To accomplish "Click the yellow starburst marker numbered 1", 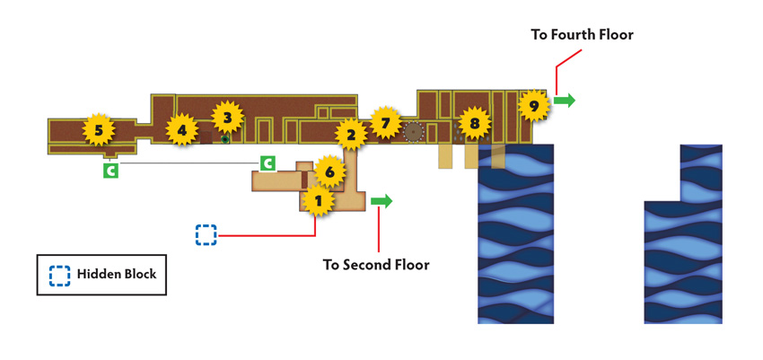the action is [319, 200].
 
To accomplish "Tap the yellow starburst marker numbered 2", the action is [351, 135].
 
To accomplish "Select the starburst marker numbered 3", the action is [227, 117].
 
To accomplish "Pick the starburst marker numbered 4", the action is [181, 129].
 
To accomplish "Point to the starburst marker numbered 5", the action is [99, 129].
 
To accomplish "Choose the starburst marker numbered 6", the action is [330, 171].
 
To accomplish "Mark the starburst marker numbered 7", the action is [386, 123].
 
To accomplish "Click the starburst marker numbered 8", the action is [475, 124].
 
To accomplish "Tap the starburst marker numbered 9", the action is [534, 106].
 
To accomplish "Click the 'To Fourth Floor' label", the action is [582, 35].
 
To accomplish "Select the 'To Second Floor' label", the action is [376, 265].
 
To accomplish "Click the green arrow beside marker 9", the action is [565, 101].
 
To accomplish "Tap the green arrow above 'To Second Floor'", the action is [381, 201].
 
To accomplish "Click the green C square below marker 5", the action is [110, 171].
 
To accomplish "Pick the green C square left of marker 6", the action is [267, 163].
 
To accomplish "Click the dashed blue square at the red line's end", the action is [206, 234].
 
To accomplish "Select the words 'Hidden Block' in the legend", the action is [117, 274].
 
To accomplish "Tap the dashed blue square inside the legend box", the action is [59, 275].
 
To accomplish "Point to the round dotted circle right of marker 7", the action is [413, 131].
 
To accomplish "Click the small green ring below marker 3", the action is [224, 140].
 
